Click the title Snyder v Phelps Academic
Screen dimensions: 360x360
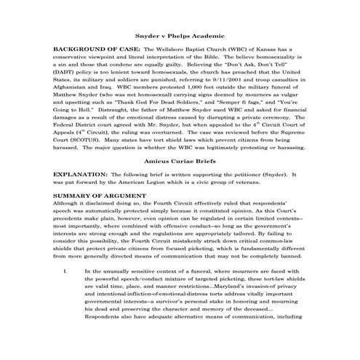[180, 34]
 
